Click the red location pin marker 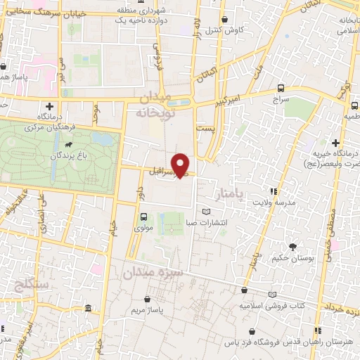click(x=181, y=164)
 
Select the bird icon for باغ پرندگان click(x=70, y=147)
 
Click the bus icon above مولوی click(x=143, y=217)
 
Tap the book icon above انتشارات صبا click(x=206, y=212)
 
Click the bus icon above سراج click(x=281, y=88)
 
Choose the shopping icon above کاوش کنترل click(x=224, y=19)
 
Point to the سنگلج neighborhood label click(x=29, y=285)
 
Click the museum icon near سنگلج click(x=87, y=309)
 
